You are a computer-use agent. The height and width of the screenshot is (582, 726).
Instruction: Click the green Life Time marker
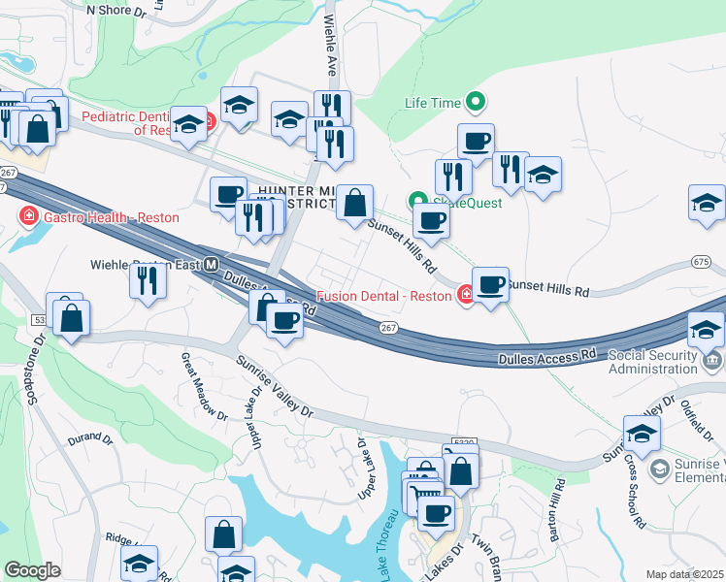point(476,101)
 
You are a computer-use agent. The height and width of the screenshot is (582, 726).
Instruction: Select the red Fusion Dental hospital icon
point(466,295)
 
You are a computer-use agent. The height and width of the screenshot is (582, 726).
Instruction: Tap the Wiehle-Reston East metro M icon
point(210,264)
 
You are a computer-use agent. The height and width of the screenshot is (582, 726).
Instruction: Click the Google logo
point(32,569)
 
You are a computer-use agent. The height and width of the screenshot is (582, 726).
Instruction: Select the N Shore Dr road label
point(115,10)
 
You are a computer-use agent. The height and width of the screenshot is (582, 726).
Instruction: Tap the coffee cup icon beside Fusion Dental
point(491,285)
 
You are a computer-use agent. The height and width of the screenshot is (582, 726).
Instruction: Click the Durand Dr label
point(90,438)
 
